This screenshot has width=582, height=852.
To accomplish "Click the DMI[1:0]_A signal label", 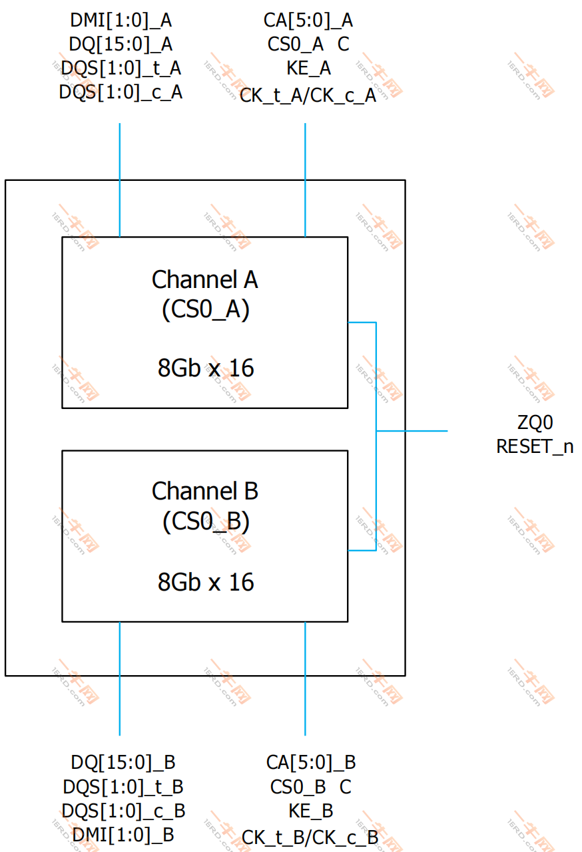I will (x=121, y=20).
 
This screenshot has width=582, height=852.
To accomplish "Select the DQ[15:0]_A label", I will (x=121, y=44).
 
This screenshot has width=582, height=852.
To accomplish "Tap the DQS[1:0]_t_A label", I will (x=121, y=68).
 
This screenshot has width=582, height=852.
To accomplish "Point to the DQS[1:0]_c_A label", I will (x=121, y=92).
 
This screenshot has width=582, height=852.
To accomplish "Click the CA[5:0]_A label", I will (x=308, y=20).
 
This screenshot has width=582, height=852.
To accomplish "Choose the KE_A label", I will (x=308, y=68).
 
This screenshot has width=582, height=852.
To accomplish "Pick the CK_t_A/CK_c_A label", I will (x=308, y=95).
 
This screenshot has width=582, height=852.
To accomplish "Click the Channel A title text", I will (x=204, y=279).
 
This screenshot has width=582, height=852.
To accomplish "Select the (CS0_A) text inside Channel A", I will (x=205, y=311).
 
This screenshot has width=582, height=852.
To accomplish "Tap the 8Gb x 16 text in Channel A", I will (x=205, y=368).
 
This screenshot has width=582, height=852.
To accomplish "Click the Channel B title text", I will (x=204, y=491).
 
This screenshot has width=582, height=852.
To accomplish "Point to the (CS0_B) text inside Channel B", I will (x=205, y=522).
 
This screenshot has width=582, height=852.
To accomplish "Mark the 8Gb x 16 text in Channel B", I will (x=205, y=582).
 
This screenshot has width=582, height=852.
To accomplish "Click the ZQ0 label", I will (x=535, y=422).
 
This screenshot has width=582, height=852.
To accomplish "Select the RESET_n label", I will (x=535, y=446).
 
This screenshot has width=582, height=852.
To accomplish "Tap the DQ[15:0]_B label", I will (x=123, y=762).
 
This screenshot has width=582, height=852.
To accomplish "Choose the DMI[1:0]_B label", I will (x=123, y=834).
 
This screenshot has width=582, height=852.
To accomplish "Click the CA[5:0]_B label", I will (x=311, y=762).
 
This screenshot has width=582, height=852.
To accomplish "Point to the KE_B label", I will (x=311, y=811).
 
